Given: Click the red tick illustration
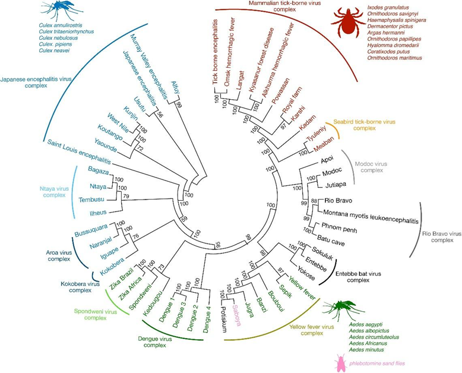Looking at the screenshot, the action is (347, 23).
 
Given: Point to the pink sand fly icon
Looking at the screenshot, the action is (340, 363).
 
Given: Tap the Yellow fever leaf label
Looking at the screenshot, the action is (302, 288).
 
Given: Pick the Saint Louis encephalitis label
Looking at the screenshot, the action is (79, 151).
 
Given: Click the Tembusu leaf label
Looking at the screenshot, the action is (91, 200).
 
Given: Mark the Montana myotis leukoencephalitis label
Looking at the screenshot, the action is (371, 217).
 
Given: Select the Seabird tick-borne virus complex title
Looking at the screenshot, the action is (364, 125).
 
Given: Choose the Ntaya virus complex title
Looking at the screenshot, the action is (54, 192).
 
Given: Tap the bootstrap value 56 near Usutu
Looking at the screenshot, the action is (160, 114).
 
